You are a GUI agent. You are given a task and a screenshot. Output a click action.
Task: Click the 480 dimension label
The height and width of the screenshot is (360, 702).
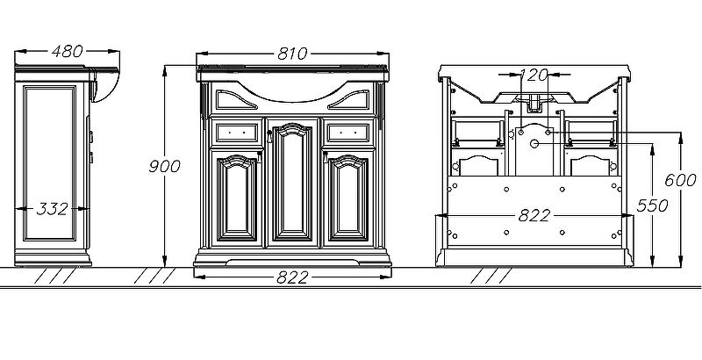click(68, 51)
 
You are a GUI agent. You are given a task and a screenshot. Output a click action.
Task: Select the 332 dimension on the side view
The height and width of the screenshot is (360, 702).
click(52, 209)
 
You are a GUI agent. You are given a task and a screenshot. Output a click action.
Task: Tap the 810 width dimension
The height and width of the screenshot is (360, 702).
click(292, 54)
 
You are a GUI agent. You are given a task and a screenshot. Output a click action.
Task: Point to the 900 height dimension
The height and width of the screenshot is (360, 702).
click(164, 166)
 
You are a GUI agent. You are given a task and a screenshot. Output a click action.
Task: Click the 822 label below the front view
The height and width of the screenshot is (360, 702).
click(292, 277)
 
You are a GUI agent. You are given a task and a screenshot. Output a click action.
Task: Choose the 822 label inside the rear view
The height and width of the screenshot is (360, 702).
click(534, 216)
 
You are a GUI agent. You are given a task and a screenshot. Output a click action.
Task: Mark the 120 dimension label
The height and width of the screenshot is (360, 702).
click(534, 75)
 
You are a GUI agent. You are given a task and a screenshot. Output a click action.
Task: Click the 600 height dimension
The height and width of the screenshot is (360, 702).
click(680, 181)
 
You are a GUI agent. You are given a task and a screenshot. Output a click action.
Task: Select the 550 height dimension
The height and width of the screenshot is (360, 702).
click(652, 205)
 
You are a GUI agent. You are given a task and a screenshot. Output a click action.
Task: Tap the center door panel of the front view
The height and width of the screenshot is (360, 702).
click(292, 182)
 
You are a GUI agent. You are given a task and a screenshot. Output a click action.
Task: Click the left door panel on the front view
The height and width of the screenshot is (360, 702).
click(237, 198)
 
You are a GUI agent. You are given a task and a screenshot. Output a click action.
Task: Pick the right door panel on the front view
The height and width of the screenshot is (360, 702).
click(348, 198)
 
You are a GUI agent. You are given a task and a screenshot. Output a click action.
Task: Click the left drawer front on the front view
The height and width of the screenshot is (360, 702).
click(237, 133)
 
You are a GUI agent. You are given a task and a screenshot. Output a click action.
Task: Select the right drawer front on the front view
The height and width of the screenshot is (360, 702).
click(348, 133)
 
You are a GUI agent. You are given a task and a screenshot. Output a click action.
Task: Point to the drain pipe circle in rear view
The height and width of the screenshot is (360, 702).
click(534, 143)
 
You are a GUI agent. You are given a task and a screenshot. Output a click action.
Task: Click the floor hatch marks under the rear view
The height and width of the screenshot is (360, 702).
click(491, 276)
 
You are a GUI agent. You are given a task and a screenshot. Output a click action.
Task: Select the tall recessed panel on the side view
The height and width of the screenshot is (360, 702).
click(50, 163)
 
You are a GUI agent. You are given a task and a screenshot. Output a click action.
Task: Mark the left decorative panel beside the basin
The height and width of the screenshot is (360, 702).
click(235, 99)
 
